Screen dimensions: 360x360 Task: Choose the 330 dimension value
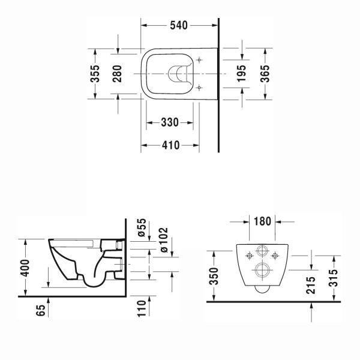click(x=170, y=122)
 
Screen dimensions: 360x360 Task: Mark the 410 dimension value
click(x=170, y=146)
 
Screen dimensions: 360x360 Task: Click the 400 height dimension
click(x=24, y=266)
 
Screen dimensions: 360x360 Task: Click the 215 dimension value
click(x=310, y=284)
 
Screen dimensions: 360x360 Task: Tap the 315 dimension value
click(x=333, y=274)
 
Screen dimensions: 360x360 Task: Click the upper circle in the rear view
click(x=263, y=251)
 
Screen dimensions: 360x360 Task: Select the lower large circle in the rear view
click(x=263, y=269)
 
